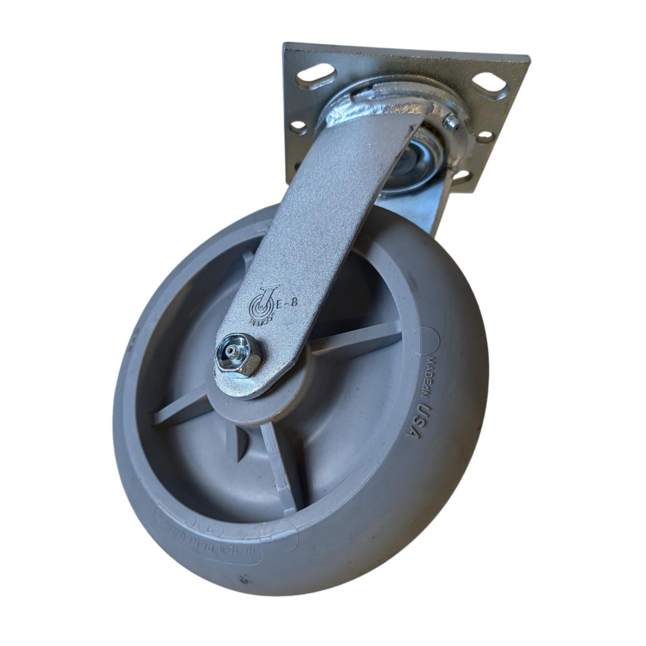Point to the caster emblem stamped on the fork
click(x=262, y=306)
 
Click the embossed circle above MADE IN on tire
click(x=434, y=339)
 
